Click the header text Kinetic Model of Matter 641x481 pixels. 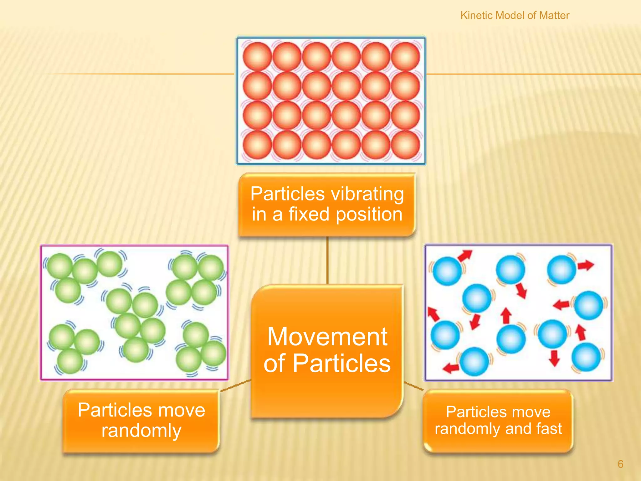tap(515, 15)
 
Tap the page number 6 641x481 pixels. tap(620, 464)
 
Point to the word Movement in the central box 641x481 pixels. tap(327, 337)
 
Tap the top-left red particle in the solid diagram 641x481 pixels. tap(257, 56)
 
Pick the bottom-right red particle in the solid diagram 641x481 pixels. tap(405, 145)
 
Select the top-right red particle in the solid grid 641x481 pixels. tap(405, 56)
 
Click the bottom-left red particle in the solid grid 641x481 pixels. tap(257, 145)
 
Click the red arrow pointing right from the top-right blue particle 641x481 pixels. tap(586, 266)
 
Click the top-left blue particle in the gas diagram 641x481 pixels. tap(447, 271)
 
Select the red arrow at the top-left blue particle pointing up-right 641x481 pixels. tap(464, 256)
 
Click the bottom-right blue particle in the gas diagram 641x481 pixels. tap(586, 357)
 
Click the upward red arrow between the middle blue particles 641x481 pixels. tap(506, 315)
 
